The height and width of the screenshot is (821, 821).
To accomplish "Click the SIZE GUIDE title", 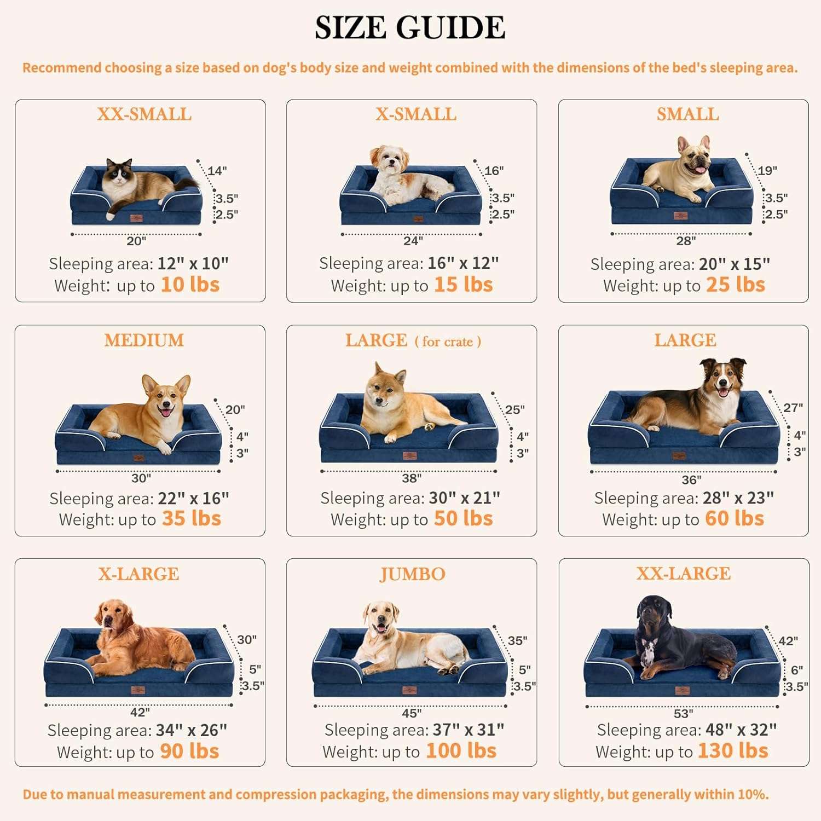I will click(410, 27).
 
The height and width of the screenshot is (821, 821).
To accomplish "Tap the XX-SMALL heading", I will click(144, 114).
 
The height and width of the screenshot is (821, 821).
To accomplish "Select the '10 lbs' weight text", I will click(190, 285).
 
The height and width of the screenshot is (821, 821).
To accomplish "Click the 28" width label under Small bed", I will click(686, 241).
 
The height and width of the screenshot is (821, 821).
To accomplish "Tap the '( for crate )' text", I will click(448, 342).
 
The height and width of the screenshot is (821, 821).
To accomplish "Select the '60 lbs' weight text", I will click(735, 518).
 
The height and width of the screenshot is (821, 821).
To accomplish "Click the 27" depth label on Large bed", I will click(793, 408).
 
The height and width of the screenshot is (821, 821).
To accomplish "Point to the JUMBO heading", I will click(412, 574).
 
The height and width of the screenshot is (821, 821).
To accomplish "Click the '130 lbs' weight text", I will click(733, 751).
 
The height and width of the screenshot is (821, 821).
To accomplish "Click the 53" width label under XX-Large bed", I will click(683, 714).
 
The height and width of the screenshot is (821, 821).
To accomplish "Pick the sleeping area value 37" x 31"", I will click(469, 730).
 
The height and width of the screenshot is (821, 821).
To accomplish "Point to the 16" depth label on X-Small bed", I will click(494, 171).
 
